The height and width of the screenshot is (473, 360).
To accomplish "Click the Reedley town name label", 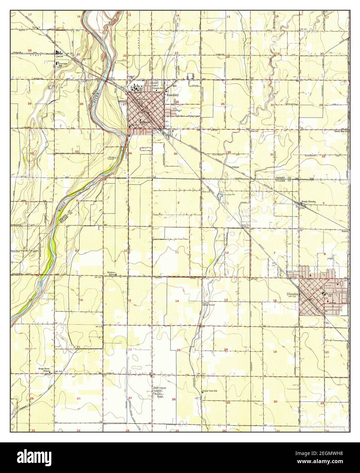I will coord(172,95).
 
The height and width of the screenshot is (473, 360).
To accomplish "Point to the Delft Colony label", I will coord(159,388).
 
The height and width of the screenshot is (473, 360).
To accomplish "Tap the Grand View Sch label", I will coord(210,391).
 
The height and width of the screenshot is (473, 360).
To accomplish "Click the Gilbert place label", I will coord(236,167).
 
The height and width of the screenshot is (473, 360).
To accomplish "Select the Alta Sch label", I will coord(255,131).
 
